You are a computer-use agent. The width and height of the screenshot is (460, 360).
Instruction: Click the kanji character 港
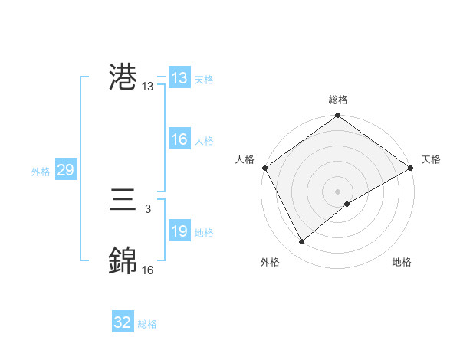pos(123,78)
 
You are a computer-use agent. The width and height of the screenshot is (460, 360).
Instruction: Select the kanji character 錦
pos(123,261)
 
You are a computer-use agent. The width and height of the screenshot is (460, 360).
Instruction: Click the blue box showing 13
pos(179,78)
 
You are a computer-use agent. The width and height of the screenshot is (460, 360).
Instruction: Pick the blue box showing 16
pos(179,139)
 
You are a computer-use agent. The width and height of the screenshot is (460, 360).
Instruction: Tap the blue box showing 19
pos(179,231)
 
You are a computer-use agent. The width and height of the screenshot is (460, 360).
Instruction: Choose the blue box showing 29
pos(65,170)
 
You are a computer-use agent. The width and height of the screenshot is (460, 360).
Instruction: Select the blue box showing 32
pos(123,322)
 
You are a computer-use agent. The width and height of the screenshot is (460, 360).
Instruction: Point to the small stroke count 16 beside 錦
pos(148,270)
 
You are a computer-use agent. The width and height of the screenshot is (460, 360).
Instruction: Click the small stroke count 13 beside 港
pos(148,87)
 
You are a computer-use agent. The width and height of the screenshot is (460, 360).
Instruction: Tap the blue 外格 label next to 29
pos(41,172)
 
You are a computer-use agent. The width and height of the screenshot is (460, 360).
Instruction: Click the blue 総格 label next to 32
pos(147,324)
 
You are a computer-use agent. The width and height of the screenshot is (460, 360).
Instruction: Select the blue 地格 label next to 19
pos(204,233)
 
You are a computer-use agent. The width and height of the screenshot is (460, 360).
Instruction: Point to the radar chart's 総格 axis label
pos(338,100)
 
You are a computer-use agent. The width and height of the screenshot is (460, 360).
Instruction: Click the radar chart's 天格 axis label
pos(431,159)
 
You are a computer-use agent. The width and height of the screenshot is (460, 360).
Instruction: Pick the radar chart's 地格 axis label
pos(402,263)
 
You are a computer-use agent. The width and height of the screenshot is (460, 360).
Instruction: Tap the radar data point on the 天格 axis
pos(411,168)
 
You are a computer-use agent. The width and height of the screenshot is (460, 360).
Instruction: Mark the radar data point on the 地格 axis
pos(347,204)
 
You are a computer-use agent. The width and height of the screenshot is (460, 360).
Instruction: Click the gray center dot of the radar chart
pos(338,191)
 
